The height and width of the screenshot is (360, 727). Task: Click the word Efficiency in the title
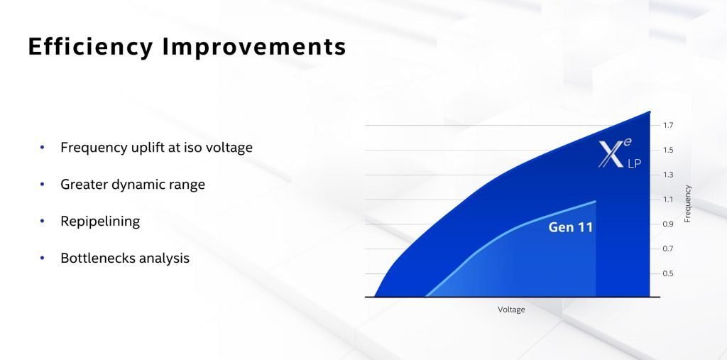(x=90, y=46)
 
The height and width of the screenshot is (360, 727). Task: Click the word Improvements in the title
(x=254, y=46)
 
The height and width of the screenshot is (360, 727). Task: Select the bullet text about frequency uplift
(x=156, y=148)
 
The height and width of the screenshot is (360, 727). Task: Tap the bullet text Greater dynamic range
(x=133, y=185)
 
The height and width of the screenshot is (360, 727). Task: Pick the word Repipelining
(x=100, y=222)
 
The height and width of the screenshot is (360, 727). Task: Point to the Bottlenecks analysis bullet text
(x=125, y=258)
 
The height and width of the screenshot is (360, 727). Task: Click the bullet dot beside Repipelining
(x=42, y=222)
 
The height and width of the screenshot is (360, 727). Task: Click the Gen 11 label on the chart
(x=570, y=227)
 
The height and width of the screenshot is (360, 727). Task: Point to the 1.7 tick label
(x=667, y=125)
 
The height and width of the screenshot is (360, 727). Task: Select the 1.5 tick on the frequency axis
(x=667, y=150)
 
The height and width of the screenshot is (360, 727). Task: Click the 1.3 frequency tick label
(x=667, y=175)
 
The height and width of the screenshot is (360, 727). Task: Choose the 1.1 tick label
(x=667, y=200)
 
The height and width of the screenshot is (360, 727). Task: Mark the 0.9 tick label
(x=667, y=224)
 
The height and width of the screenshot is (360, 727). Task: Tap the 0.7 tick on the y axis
(x=667, y=249)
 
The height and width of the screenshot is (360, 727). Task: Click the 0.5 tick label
(x=667, y=273)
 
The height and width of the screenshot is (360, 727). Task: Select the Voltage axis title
(x=511, y=310)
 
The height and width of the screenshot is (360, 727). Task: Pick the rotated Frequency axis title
(x=687, y=204)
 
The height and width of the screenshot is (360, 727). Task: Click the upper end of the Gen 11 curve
(x=596, y=202)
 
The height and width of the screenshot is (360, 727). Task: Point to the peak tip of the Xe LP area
(x=649, y=111)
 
